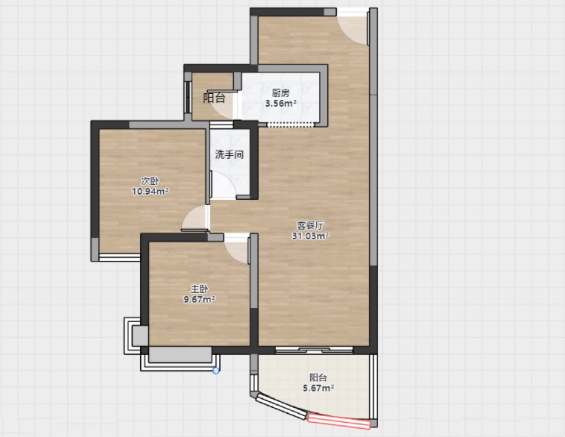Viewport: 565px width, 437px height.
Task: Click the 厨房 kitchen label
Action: pos(281,93)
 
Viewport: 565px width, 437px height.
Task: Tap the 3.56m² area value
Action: pos(281,104)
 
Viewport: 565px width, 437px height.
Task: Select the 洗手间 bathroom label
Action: pos(230,154)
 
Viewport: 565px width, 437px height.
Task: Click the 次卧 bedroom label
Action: pos(150,181)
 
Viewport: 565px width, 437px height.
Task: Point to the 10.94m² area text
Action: pos(151,192)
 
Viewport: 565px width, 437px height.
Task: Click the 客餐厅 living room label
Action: pos(310,226)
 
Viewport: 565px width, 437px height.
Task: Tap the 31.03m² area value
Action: pos(310,236)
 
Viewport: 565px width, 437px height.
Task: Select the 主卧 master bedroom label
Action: pos(199,289)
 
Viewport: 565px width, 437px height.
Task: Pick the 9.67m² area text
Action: pos(199,299)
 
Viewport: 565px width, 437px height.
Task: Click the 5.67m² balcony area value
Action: pos(318,389)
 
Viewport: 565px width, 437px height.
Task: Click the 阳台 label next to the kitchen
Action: pos(215,98)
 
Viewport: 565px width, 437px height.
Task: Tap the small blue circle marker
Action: pos(216,371)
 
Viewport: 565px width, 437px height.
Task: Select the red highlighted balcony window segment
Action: pos(338,421)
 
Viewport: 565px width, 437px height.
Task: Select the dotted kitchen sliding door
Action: pos(291,125)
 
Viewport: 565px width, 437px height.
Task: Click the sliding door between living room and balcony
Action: pos(314,350)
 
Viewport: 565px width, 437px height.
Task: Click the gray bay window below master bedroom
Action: pos(180,355)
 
